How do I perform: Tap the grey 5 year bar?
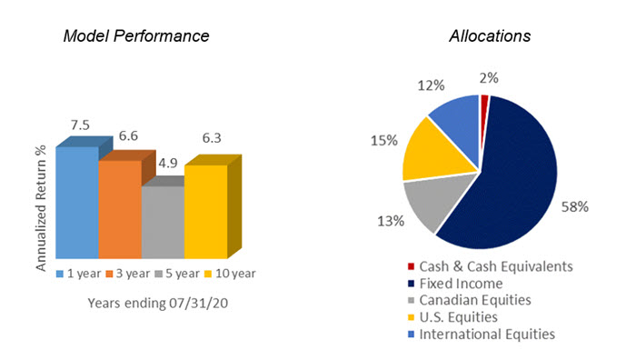tap(162, 222)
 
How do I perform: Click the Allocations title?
tap(490, 36)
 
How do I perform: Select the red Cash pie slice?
tap(484, 100)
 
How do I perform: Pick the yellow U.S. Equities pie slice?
tap(432, 150)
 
